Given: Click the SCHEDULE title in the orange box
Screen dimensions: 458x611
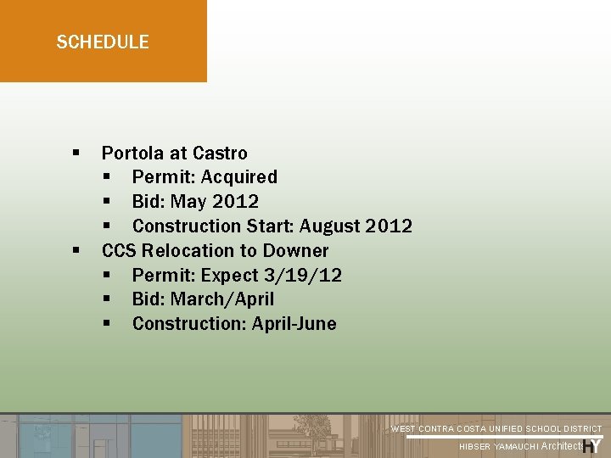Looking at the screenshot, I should click(x=103, y=42).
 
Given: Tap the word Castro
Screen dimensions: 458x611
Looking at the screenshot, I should click(x=220, y=154).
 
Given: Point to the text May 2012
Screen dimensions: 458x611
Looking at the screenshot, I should click(x=215, y=202).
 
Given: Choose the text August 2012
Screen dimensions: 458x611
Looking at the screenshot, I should click(x=364, y=226).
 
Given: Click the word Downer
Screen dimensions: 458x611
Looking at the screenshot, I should click(x=295, y=251).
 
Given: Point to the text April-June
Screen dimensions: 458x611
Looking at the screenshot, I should click(x=294, y=324).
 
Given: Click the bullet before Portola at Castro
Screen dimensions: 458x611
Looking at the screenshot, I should click(x=76, y=154).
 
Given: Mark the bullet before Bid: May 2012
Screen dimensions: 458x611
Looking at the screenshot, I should click(x=107, y=202).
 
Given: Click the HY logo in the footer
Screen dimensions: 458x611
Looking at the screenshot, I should click(x=592, y=446).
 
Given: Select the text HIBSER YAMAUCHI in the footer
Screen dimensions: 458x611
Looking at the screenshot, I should click(x=498, y=447).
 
